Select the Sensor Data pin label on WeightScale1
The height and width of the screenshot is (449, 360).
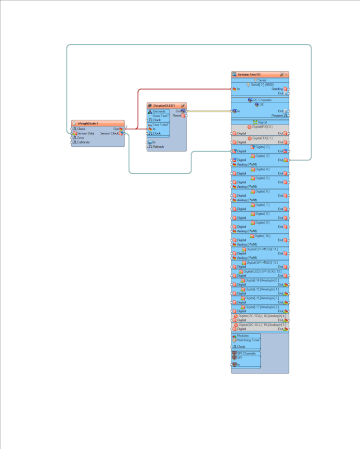[x=85, y=133]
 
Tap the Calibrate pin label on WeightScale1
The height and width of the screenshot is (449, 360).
[x=83, y=142]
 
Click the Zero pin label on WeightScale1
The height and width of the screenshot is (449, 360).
[x=81, y=138]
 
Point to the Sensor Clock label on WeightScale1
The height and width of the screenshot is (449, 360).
[x=109, y=133]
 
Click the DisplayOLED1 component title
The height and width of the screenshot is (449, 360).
[x=164, y=105]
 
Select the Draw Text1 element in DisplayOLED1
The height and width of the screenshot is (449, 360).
[x=161, y=116]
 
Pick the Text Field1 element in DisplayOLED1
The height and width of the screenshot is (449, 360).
[x=161, y=125]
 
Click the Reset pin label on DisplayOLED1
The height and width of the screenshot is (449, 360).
[x=177, y=116]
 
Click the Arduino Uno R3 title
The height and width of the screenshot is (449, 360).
[x=249, y=75]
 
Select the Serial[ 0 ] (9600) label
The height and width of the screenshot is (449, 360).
[x=262, y=85]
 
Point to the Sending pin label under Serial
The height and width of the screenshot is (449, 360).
[x=277, y=89]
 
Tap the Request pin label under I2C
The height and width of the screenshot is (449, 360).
[x=277, y=115]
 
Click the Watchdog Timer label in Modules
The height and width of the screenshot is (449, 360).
[x=248, y=340]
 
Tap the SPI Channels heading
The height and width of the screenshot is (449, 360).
[x=246, y=353]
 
